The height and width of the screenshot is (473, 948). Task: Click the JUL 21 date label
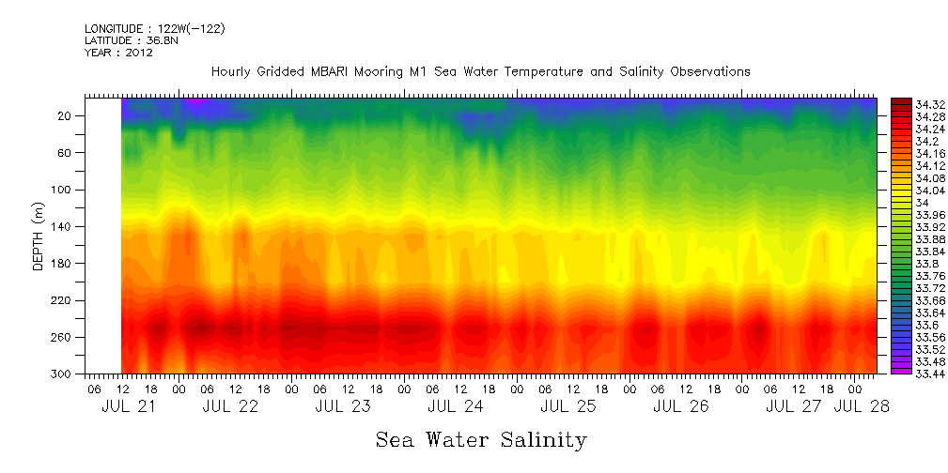tap(129, 406)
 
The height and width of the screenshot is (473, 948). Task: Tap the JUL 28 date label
tap(862, 406)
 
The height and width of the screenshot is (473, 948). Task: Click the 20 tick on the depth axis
tap(66, 116)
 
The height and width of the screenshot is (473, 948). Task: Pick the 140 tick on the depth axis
tap(62, 227)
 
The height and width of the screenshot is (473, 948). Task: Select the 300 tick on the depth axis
tap(62, 374)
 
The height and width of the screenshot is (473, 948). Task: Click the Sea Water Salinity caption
tap(481, 439)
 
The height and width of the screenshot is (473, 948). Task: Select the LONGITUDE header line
tap(154, 29)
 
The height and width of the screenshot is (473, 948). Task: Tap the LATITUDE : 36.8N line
tap(129, 40)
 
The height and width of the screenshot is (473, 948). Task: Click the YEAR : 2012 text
tap(118, 53)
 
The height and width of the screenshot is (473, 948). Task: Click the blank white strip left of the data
tap(103, 235)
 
